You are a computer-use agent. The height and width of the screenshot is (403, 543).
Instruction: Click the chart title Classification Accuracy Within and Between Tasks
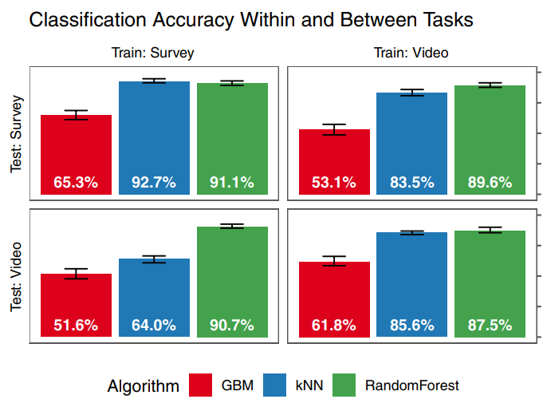[251, 21]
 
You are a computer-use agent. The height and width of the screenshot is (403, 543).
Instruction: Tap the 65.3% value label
[76, 183]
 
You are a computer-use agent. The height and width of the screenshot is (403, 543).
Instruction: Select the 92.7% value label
[154, 183]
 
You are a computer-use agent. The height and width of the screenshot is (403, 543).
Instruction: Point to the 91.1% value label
[232, 183]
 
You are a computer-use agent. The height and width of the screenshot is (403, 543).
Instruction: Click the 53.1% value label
[334, 183]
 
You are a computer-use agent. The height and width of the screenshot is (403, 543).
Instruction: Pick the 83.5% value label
[412, 183]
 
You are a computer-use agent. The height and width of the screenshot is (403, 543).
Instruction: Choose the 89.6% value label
[490, 183]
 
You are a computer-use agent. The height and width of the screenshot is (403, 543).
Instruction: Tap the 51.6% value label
[76, 326]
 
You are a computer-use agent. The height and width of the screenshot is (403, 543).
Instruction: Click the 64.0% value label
[154, 326]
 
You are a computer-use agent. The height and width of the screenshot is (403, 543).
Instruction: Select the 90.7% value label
[232, 326]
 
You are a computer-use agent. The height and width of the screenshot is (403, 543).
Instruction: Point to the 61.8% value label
[334, 326]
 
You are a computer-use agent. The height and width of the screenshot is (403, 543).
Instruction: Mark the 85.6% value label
[412, 326]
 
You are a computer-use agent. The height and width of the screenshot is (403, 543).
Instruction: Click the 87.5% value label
[490, 326]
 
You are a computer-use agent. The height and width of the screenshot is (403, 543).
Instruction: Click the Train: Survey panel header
[152, 53]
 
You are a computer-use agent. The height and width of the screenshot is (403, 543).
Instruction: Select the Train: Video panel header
[411, 53]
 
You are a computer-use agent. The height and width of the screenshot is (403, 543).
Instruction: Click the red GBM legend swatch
[201, 385]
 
